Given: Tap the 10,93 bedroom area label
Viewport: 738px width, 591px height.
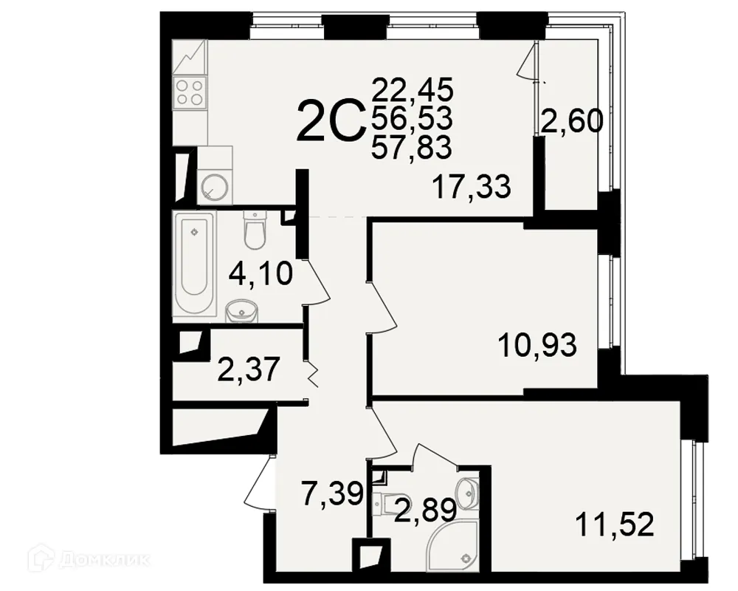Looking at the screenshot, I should click(537, 344).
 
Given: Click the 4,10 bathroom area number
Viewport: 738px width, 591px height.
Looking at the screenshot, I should click(261, 275).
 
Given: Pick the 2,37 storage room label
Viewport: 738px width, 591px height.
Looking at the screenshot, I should click(249, 369).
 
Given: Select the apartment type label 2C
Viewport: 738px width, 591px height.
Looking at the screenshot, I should click(330, 122).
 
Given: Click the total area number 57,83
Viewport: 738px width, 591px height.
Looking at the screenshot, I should click(412, 148).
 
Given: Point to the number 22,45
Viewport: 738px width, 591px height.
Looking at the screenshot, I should click(412, 90).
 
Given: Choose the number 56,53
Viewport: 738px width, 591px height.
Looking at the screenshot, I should click(412, 118).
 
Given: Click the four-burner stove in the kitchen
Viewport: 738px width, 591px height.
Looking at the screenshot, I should click(190, 93).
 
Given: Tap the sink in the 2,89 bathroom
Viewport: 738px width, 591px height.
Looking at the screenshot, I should click(467, 488).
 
